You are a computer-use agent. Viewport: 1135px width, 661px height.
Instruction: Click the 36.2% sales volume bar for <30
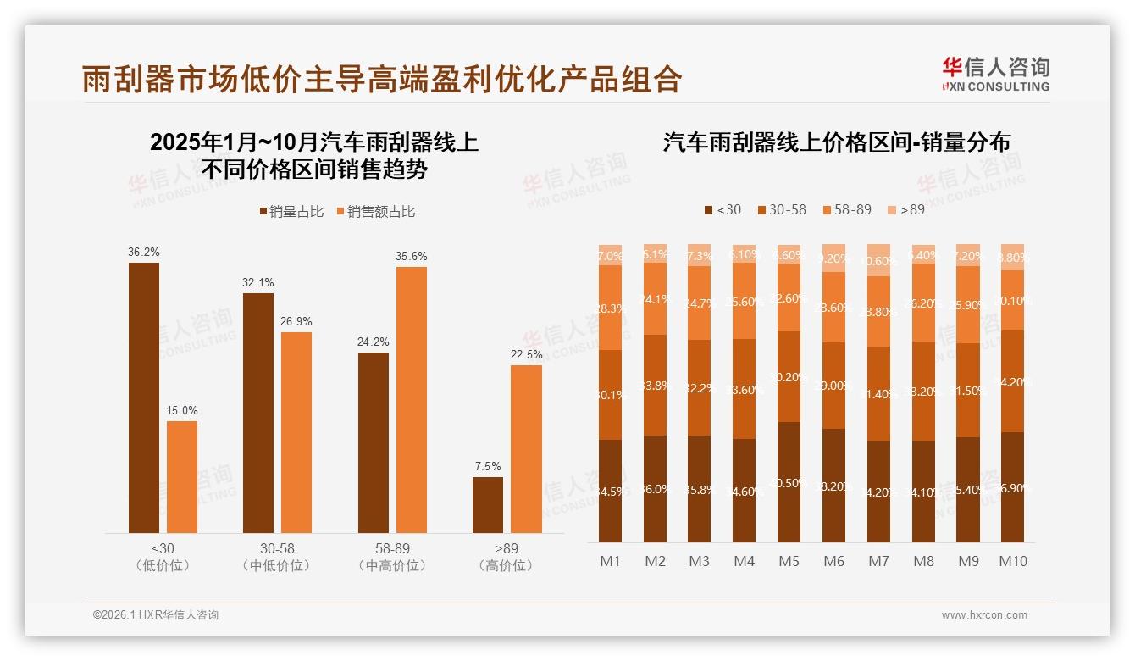144,397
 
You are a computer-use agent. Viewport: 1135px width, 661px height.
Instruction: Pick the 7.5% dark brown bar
488,505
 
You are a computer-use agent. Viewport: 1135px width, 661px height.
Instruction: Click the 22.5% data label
526,355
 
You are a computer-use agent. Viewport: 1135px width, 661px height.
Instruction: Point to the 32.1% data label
258,283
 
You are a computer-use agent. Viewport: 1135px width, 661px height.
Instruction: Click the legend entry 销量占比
291,212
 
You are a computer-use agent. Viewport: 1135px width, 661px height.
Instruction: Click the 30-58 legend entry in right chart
780,209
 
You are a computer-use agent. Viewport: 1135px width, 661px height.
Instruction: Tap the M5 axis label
789,561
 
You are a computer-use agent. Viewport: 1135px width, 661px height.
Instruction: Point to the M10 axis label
1012,561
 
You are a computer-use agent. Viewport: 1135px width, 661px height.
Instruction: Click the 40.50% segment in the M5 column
789,482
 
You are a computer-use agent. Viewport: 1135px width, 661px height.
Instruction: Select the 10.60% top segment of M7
878,261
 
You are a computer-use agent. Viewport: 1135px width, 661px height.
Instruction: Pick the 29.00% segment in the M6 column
833,386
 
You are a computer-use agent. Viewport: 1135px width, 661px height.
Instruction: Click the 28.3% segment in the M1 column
610,308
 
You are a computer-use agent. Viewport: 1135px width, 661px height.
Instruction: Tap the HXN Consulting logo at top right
995,74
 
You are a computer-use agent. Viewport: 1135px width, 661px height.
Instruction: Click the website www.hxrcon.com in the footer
984,615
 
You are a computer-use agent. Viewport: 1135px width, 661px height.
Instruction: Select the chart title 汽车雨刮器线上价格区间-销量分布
836,142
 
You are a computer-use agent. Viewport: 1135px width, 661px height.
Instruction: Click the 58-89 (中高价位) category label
392,557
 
